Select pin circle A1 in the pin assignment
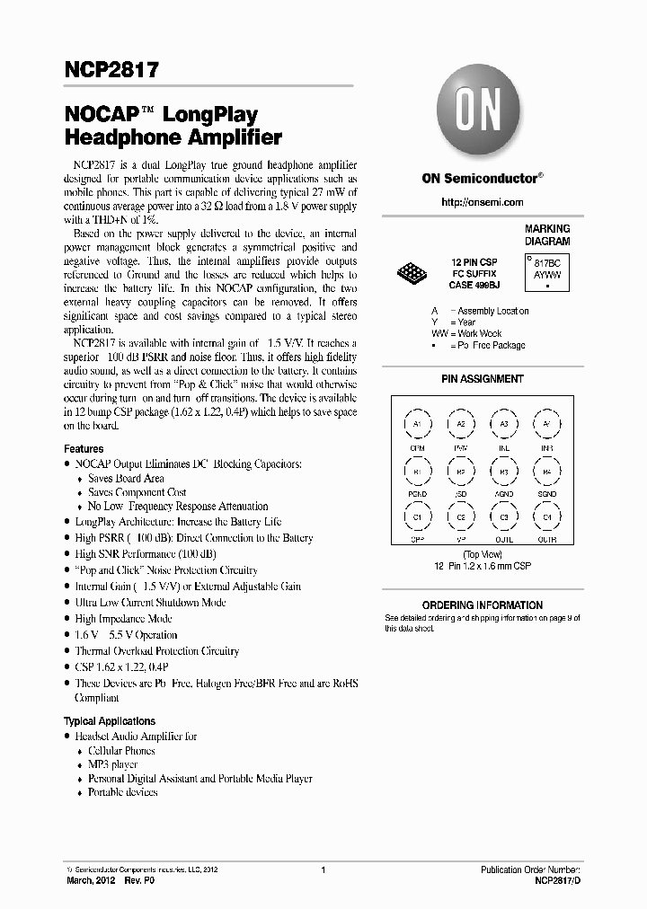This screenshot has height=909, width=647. [x=417, y=423]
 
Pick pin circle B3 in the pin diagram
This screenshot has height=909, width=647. [x=504, y=471]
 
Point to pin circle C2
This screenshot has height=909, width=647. [x=460, y=517]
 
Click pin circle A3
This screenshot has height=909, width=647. [x=504, y=423]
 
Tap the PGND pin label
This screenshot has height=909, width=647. [x=417, y=494]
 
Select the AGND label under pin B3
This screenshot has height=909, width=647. [x=504, y=494]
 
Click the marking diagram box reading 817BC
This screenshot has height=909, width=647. [x=547, y=270]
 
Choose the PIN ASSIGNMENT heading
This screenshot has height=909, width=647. [x=482, y=379]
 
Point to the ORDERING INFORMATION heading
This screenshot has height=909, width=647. [x=482, y=605]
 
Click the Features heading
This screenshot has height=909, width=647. [x=84, y=448]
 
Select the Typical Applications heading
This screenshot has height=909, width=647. [x=109, y=721]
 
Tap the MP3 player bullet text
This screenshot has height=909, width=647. [x=112, y=764]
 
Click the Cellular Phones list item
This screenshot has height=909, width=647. [x=121, y=750]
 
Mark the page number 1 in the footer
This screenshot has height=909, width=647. [x=323, y=870]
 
